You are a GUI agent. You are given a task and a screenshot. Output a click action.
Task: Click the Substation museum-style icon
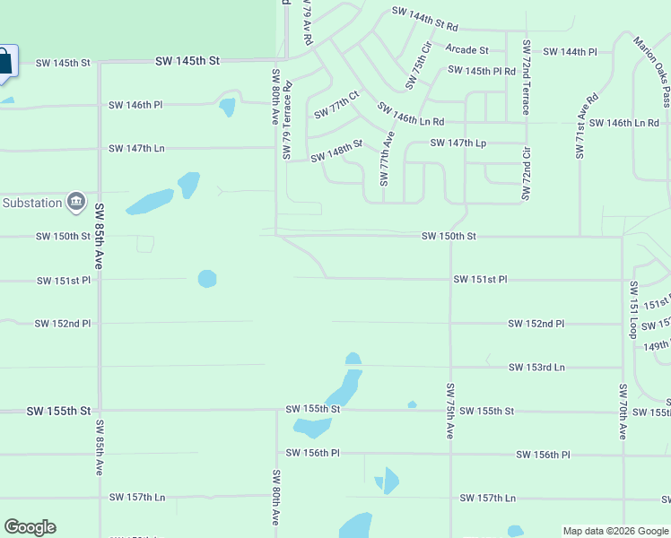pyautogui.click(x=76, y=201)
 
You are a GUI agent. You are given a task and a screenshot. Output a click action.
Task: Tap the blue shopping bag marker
pyautogui.click(x=4, y=62)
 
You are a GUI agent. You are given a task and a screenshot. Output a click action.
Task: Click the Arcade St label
pyautogui.click(x=466, y=50)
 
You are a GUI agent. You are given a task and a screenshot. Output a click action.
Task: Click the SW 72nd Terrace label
pyautogui.click(x=527, y=78)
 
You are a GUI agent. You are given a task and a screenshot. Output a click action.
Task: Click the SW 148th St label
pyautogui.click(x=336, y=151)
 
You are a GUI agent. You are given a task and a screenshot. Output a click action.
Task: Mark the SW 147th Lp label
pyautogui.click(x=457, y=143)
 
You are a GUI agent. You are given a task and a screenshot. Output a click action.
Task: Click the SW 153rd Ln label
pyautogui.click(x=536, y=368)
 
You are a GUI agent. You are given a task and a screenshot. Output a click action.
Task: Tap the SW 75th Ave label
pyautogui.click(x=450, y=412)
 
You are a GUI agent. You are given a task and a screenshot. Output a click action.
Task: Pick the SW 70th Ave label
pyautogui.click(x=622, y=412)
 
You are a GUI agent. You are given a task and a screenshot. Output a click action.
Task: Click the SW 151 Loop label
pyautogui.click(x=633, y=309)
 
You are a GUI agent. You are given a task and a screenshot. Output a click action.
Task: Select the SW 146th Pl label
pyautogui.click(x=135, y=105)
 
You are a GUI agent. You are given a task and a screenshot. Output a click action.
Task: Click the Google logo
pyautogui.click(x=30, y=527)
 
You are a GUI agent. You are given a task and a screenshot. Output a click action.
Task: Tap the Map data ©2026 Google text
pyautogui.click(x=614, y=531)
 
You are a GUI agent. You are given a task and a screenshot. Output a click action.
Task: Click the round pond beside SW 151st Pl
pyautogui.click(x=207, y=279)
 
